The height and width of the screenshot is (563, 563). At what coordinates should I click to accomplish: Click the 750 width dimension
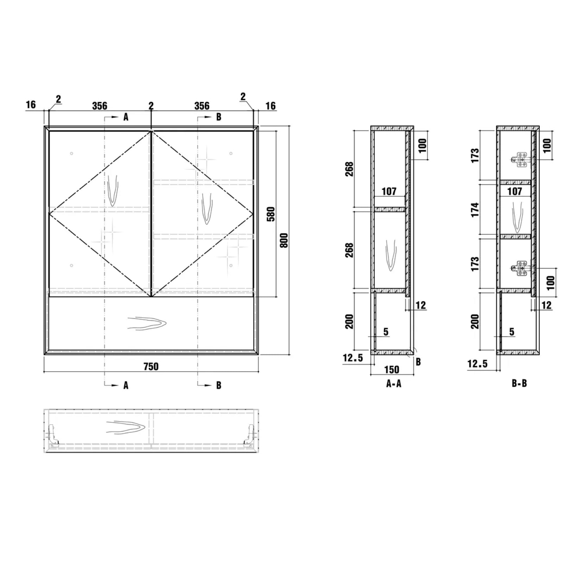(x=151, y=366)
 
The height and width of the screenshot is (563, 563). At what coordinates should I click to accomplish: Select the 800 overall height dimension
(x=284, y=240)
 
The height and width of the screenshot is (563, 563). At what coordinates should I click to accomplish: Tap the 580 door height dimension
(x=271, y=214)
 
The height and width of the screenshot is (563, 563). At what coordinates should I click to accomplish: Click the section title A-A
(x=393, y=384)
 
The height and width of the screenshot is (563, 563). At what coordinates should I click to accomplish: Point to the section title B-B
(x=519, y=384)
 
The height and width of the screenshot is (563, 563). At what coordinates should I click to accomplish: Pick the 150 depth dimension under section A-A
(x=392, y=369)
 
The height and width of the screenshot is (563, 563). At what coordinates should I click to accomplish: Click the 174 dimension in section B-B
(x=475, y=210)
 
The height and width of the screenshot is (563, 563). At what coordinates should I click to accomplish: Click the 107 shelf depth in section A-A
(x=389, y=191)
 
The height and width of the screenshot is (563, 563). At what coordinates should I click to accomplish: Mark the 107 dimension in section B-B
(x=514, y=191)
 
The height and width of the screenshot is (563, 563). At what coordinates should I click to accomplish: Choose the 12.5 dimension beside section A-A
(x=353, y=358)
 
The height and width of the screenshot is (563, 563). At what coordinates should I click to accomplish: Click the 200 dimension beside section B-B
(x=475, y=322)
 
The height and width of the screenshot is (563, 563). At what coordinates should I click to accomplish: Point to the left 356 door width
(x=100, y=106)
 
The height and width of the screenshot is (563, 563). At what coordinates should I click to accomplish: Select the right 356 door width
(x=202, y=106)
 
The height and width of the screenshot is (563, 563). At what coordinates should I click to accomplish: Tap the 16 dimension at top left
(x=31, y=105)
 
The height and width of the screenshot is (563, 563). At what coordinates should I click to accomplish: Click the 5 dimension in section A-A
(x=386, y=332)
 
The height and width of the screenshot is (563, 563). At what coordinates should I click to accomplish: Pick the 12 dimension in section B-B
(x=546, y=305)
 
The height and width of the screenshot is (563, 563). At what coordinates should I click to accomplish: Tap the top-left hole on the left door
(x=71, y=153)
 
